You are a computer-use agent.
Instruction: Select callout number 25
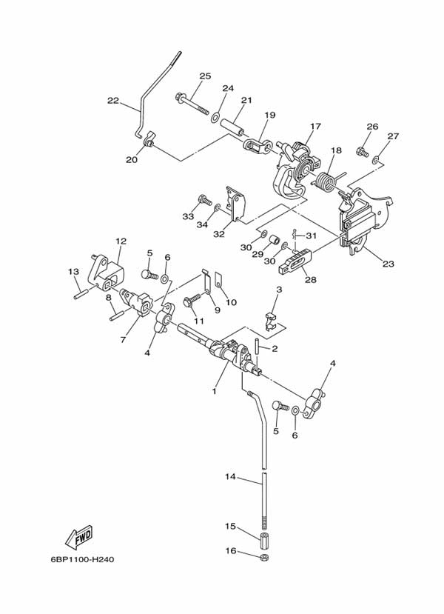coord(205,76)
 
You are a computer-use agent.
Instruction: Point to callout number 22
coord(112,101)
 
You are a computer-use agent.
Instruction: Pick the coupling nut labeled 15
coord(264,535)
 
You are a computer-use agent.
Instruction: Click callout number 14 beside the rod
coord(230,477)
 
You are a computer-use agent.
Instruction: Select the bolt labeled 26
coord(362,152)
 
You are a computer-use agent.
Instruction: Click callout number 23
coord(388,261)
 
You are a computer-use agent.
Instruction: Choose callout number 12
coord(121,241)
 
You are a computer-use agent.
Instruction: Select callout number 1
coord(214,391)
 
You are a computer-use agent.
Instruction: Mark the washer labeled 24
coord(215,118)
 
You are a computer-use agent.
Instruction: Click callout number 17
coord(316,126)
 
